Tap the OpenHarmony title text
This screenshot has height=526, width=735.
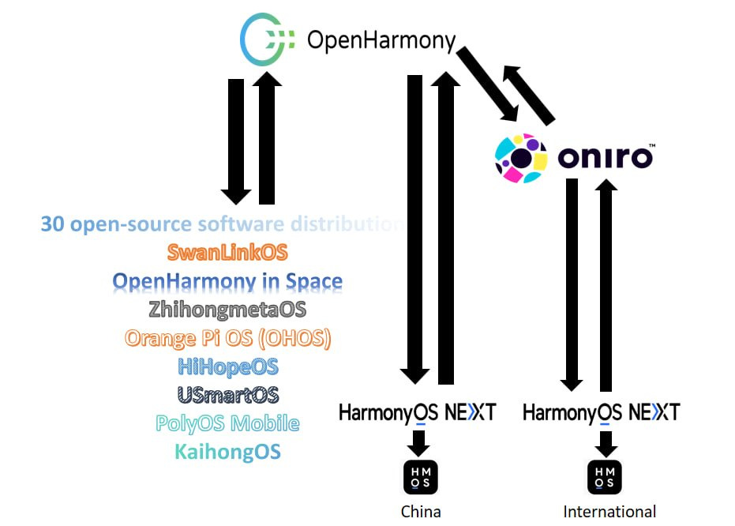381,39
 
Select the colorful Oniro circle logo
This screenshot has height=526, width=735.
521,157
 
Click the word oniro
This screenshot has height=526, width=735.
606,158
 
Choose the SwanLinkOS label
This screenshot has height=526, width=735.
227,253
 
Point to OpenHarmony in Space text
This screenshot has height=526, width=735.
227,281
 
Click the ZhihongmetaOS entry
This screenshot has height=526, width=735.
227,310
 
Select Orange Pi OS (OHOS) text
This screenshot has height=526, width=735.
227,339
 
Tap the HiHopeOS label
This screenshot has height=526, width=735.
227,367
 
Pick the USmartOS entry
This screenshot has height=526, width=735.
227,395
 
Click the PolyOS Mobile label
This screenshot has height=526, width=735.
227,423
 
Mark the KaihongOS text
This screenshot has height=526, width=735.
227,452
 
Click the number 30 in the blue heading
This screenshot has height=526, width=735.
53,224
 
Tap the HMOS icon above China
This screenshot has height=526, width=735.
420,477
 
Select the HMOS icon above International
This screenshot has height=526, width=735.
605,477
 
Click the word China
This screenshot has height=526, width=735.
421,512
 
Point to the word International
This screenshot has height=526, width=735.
609,512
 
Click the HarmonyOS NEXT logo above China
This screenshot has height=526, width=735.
417,411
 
